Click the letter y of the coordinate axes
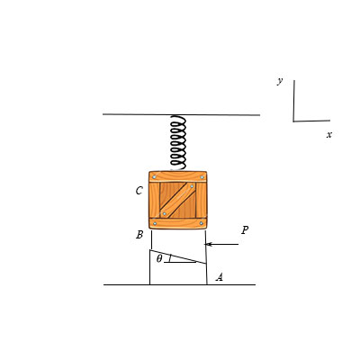(x=280, y=81)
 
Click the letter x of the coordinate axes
(x=329, y=135)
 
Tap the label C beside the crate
(x=139, y=191)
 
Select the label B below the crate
(x=139, y=235)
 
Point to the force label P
(x=245, y=230)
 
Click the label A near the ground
(x=220, y=277)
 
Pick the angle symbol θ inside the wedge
(x=159, y=258)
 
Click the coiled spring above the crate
(x=178, y=142)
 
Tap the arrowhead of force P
(x=209, y=244)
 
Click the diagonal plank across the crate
(x=177, y=200)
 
